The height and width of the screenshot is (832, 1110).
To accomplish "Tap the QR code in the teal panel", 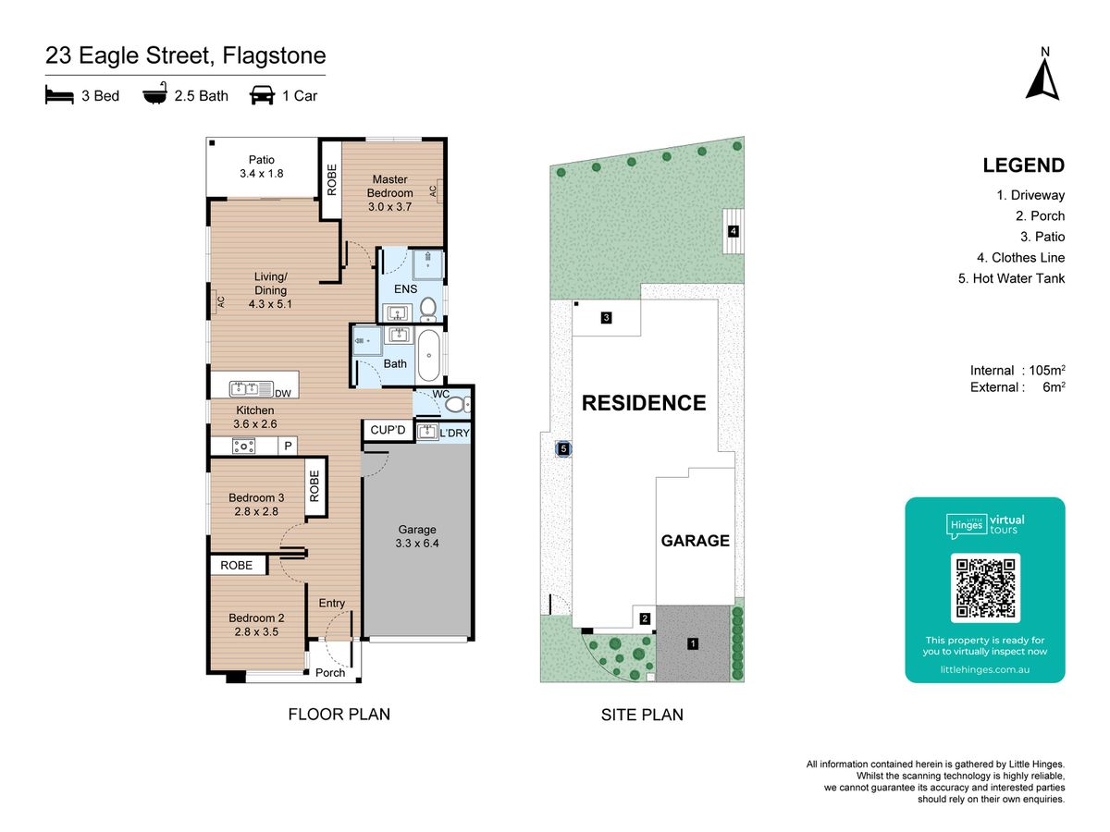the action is click(x=985, y=588).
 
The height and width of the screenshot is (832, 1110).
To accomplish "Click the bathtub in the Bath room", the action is click(x=429, y=356).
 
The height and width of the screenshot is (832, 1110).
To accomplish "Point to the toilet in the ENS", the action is click(x=428, y=309).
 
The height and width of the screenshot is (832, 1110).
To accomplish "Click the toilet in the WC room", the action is click(x=458, y=404).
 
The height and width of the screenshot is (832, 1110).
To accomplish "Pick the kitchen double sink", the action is click(x=252, y=388).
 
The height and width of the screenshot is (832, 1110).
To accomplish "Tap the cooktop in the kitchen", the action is click(x=244, y=447).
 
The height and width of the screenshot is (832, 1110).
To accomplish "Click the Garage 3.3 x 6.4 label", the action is click(x=416, y=536).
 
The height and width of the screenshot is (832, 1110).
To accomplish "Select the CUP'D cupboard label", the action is click(x=388, y=430).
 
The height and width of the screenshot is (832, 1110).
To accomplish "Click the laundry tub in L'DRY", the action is click(x=427, y=432).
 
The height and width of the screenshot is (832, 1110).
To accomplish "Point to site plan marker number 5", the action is click(x=563, y=448).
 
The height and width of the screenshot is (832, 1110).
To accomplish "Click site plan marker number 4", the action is click(x=733, y=231).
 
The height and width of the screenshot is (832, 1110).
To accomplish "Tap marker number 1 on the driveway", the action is click(x=692, y=643).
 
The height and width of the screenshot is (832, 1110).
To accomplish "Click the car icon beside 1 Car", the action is click(x=262, y=95).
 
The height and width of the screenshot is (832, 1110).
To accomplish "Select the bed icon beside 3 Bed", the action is click(x=59, y=95).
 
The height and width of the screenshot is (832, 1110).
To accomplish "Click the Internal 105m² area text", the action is click(x=1017, y=371).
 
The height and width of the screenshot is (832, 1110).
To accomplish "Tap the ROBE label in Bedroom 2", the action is click(x=236, y=565).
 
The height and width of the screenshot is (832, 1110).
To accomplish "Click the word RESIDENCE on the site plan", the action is click(x=644, y=403).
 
